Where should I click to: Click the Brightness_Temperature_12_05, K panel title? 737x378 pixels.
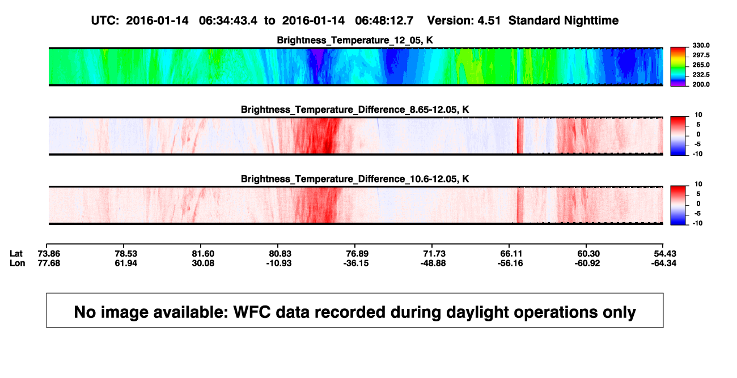coord(355,40)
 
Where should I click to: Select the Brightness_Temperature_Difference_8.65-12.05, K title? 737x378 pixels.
coord(355,109)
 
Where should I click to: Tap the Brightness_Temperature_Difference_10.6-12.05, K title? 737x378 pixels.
coord(355,179)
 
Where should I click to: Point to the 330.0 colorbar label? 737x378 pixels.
coord(701,45)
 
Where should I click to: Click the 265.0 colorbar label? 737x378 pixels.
coord(701,65)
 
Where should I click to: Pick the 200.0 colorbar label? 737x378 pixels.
coord(701,84)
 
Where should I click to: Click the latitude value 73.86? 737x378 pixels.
coord(49,254)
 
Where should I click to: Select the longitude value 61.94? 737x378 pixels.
coord(126,263)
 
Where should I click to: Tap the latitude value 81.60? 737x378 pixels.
coord(203,254)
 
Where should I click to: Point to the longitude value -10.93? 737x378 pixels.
coord(279,263)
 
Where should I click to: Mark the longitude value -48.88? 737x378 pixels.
coord(433,263)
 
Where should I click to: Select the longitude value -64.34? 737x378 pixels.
coord(664,263)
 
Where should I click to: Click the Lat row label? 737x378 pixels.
coord(16,254)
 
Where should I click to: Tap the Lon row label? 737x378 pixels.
coord(18,263)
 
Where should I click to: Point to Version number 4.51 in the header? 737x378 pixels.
coord(489,20)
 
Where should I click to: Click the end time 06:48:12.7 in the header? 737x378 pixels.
coord(384,20)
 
